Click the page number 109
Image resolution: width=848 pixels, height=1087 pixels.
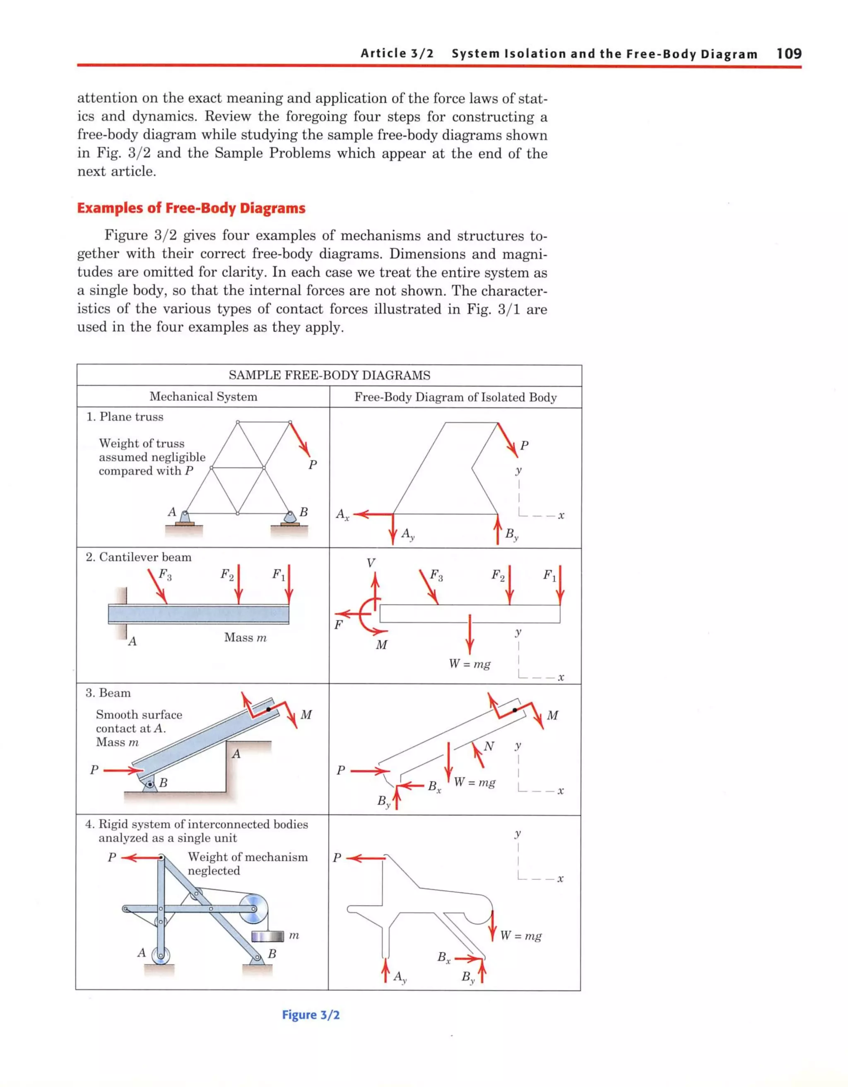tap(789, 53)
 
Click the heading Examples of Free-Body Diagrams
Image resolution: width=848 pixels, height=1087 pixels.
tap(191, 208)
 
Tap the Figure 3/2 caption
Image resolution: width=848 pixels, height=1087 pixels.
tap(311, 1014)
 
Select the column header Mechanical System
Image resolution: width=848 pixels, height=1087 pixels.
tap(203, 397)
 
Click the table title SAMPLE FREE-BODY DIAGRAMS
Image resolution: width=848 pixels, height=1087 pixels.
tap(329, 375)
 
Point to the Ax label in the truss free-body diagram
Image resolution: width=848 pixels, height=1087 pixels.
tap(342, 514)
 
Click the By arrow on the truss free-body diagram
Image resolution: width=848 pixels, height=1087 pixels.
tap(497, 529)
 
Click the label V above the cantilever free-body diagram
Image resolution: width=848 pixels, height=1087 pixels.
tap(371, 563)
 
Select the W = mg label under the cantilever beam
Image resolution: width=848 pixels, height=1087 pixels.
tap(470, 664)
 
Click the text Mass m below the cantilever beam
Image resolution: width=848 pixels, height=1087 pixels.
tap(245, 637)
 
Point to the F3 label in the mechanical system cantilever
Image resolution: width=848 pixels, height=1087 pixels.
tap(165, 574)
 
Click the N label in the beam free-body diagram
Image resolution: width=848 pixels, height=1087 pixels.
tap(489, 746)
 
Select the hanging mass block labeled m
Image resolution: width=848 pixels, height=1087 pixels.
tap(267, 936)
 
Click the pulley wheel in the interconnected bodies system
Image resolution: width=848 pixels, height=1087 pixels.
tap(253, 909)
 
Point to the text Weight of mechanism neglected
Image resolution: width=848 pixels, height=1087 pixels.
tap(247, 864)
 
